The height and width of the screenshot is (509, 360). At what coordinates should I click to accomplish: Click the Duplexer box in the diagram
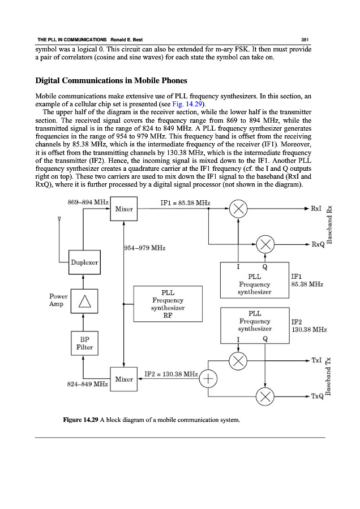pyautogui.click(x=84, y=262)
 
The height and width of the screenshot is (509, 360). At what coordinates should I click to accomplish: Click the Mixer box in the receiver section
pyautogui.click(x=123, y=209)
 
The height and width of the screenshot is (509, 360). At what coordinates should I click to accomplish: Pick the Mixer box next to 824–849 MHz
pyautogui.click(x=123, y=379)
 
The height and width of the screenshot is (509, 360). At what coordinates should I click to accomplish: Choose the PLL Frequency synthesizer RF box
pyautogui.click(x=168, y=304)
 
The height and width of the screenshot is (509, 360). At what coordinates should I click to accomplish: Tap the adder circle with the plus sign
pyautogui.click(x=209, y=379)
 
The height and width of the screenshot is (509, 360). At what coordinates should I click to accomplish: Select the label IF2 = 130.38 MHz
pyautogui.click(x=171, y=374)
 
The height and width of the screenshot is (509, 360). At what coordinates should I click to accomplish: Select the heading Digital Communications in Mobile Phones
pyautogui.click(x=111, y=80)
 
